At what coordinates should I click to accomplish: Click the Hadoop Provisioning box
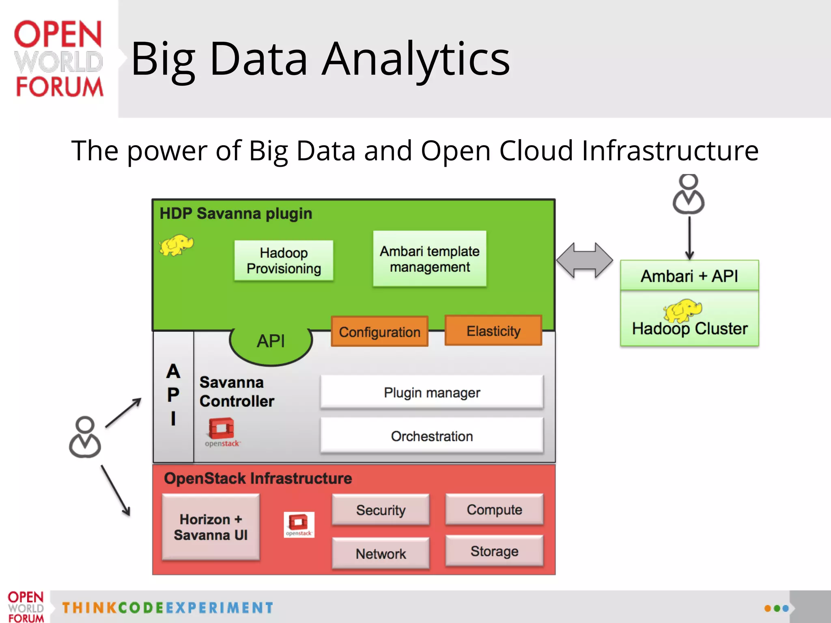pos(284,260)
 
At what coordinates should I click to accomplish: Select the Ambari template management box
pos(430,259)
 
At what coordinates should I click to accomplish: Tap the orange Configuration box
pos(379,331)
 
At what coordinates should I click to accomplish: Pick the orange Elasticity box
pos(493,331)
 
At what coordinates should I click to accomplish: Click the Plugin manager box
pos(432,392)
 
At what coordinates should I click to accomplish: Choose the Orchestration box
pos(432,436)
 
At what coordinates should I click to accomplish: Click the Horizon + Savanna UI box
pos(211,527)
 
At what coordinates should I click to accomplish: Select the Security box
pos(381,509)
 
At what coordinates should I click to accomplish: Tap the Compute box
pos(494,509)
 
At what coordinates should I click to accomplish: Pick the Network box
pos(381,553)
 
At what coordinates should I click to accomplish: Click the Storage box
pos(494,551)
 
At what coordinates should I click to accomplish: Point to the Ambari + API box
pos(689,275)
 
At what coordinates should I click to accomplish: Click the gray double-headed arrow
pos(584,260)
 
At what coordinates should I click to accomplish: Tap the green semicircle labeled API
pos(271,343)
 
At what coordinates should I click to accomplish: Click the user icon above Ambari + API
pos(689,194)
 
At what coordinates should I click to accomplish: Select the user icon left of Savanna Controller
pos(85,437)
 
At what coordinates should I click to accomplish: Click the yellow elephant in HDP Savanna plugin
pos(176,245)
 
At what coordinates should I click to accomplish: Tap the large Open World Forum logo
pos(58,59)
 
